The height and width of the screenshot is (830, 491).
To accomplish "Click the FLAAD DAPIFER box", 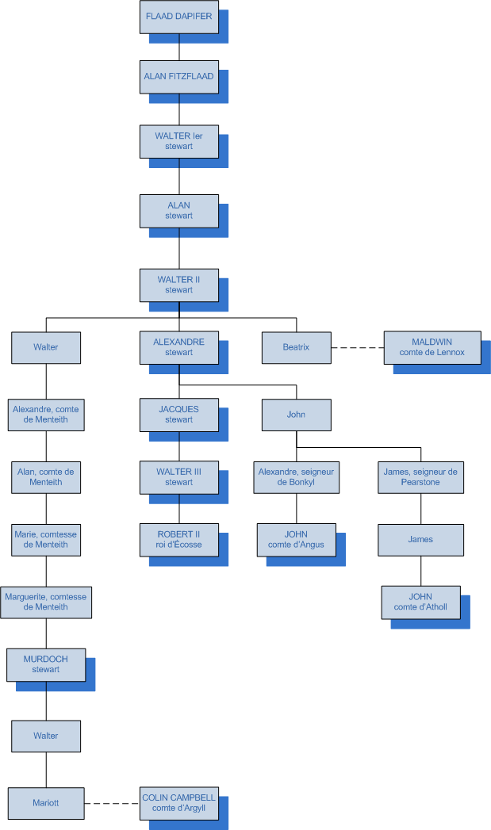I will tap(178, 16).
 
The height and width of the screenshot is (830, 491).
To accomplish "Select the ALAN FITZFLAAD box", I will tap(178, 77).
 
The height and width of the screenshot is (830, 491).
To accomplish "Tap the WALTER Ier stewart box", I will tap(178, 141).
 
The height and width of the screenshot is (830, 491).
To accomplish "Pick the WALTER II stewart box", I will tap(178, 285).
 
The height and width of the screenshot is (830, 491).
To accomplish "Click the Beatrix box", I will tap(296, 347).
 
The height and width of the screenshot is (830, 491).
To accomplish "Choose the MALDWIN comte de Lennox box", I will tap(432, 347).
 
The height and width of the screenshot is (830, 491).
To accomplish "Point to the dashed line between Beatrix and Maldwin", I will tap(357, 347).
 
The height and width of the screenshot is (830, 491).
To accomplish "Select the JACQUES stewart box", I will tap(178, 415).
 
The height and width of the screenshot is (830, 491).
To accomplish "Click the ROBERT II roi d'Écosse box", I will tap(178, 539).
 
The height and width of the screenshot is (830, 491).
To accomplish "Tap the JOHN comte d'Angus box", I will tap(296, 539).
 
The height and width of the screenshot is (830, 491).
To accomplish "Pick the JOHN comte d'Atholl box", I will tap(420, 602).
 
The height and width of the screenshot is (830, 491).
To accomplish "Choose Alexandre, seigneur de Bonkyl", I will tap(296, 476).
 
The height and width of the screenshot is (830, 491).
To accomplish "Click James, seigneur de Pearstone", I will tap(420, 476).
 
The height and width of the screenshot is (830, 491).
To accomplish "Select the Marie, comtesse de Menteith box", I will tap(46, 539).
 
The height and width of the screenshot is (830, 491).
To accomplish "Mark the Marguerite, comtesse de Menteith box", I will tap(46, 602).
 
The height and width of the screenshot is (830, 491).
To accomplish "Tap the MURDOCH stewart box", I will tap(46, 664).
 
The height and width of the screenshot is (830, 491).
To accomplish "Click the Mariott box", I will tap(46, 803).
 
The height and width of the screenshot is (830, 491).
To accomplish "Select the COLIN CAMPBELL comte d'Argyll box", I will tap(178, 803).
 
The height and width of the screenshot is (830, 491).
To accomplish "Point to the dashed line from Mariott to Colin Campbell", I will tap(111, 803).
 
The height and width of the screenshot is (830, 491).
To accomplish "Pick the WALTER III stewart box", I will tap(178, 476).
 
